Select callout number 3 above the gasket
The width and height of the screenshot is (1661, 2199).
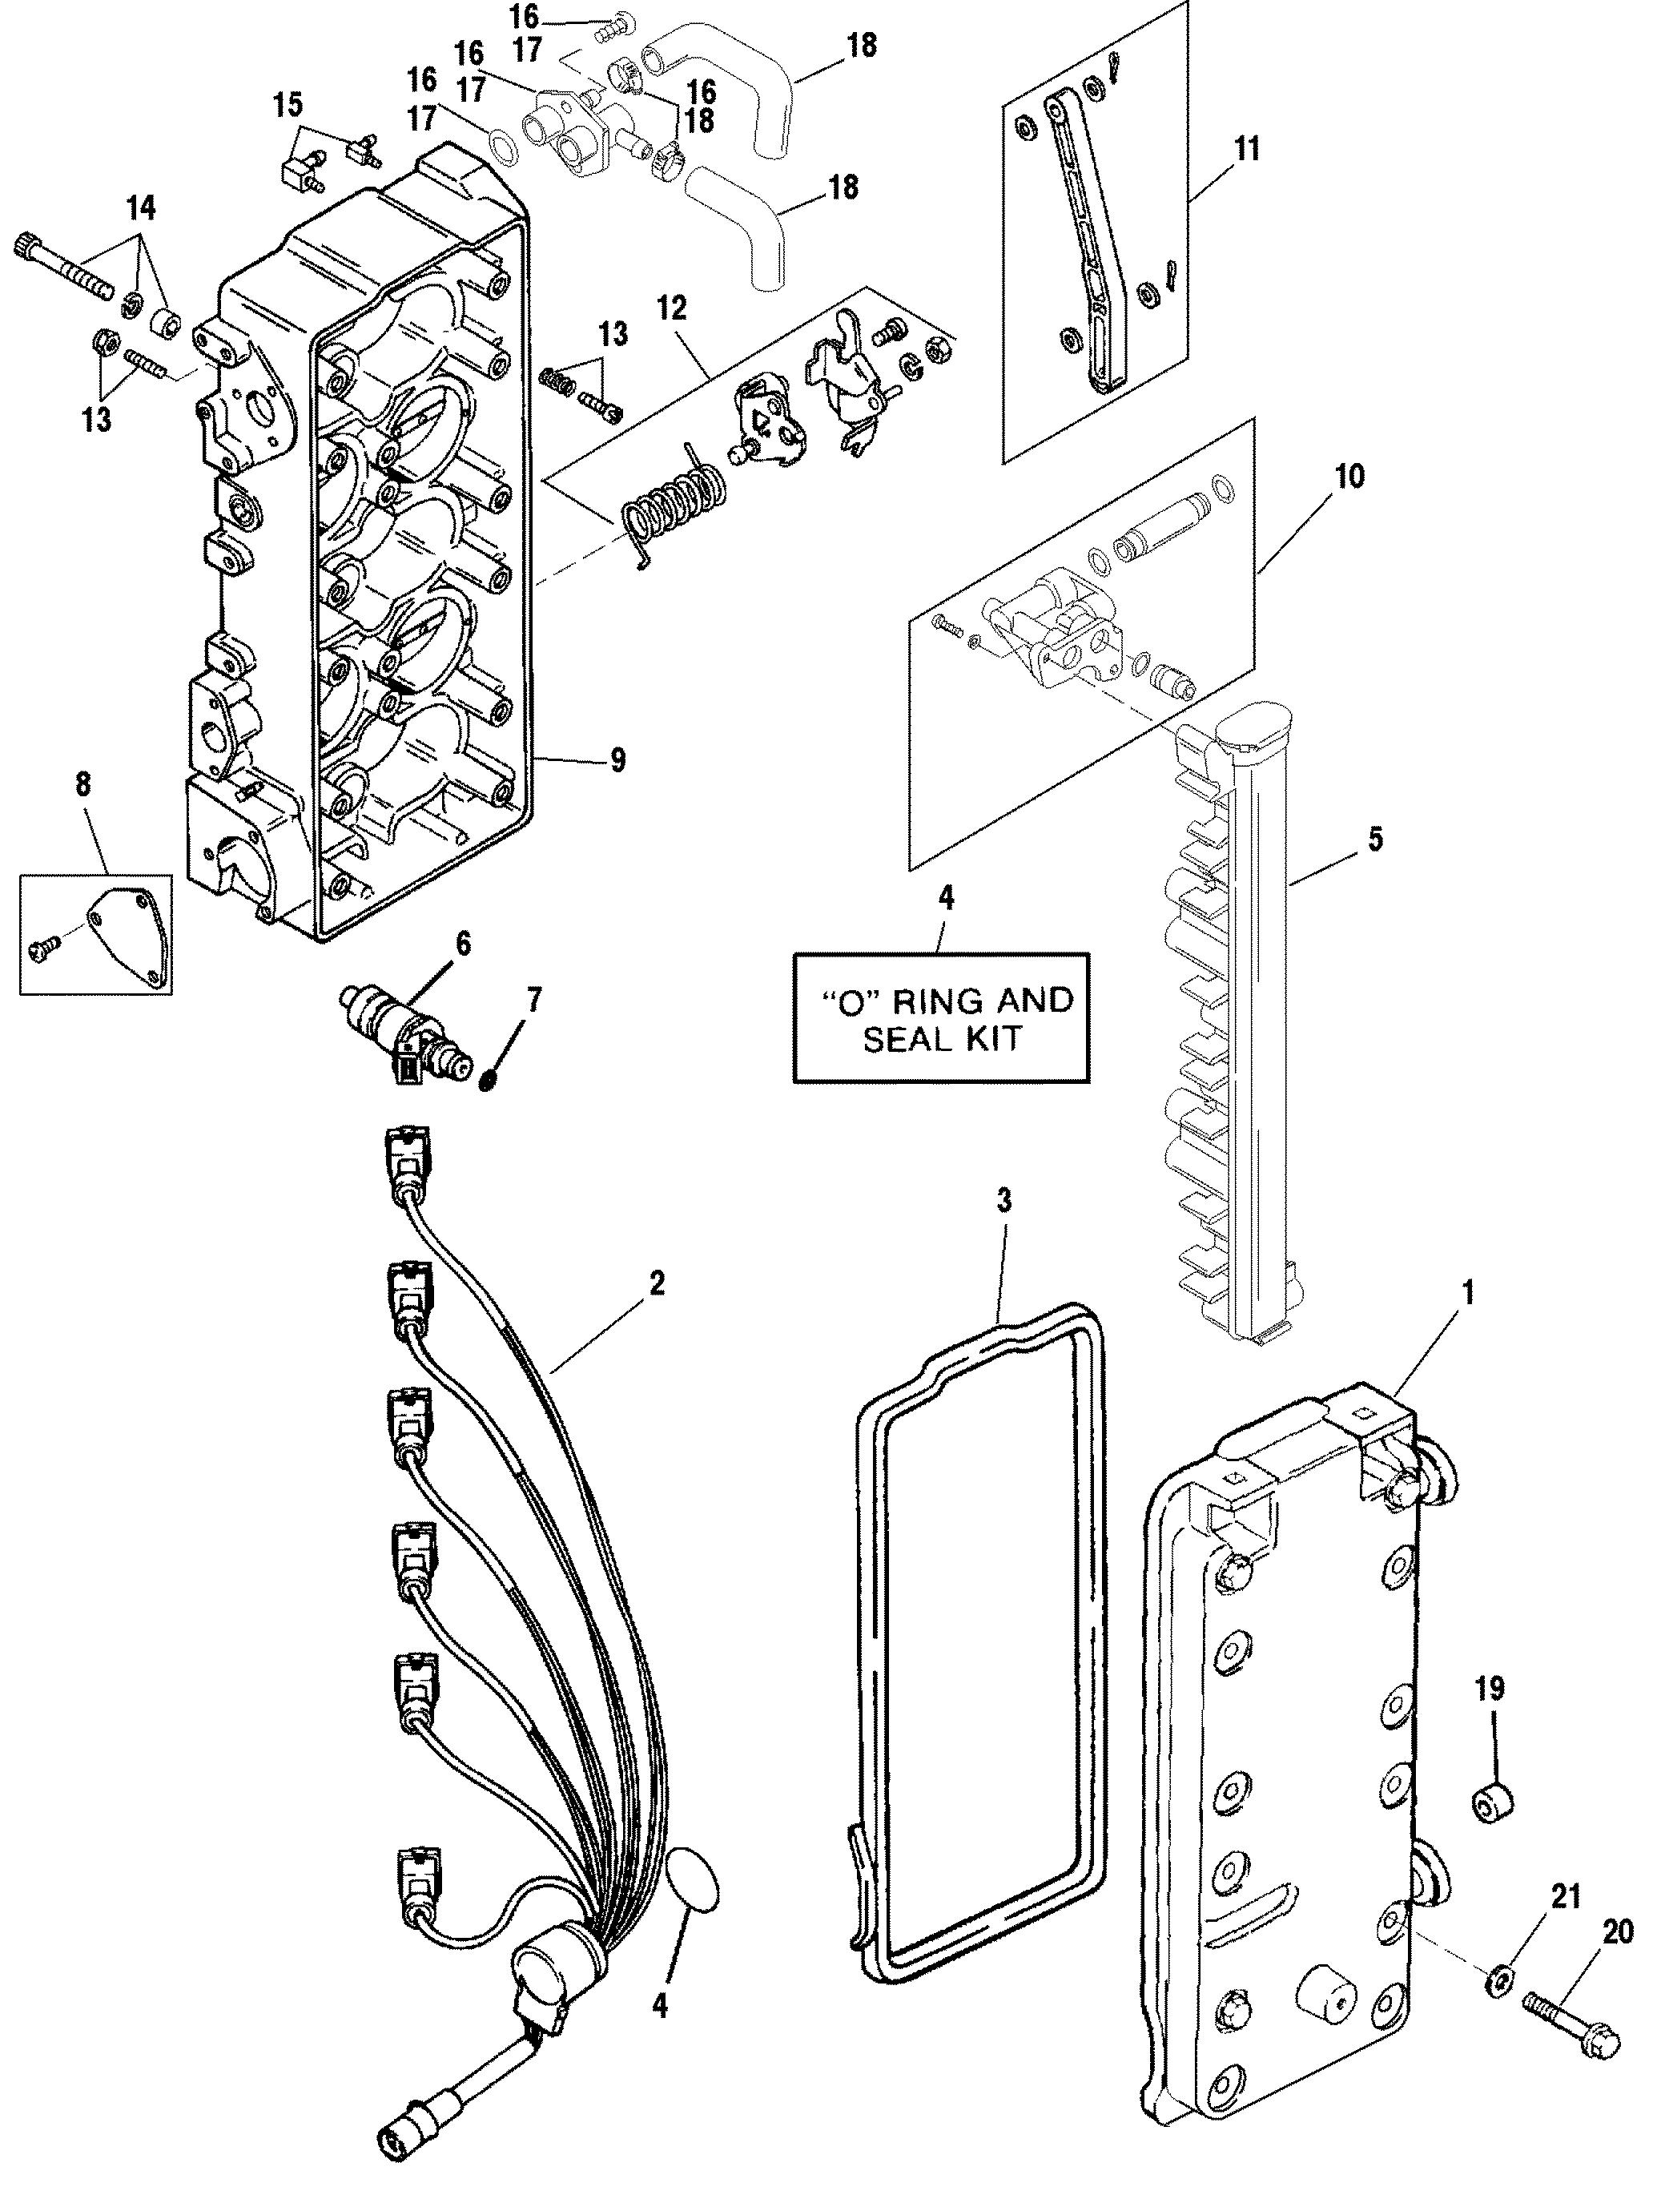click(x=1004, y=1201)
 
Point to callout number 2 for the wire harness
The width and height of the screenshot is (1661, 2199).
click(x=656, y=1283)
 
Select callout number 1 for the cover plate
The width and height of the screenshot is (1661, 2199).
click(x=1468, y=1293)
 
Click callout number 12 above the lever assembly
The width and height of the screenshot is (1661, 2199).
click(x=671, y=308)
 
